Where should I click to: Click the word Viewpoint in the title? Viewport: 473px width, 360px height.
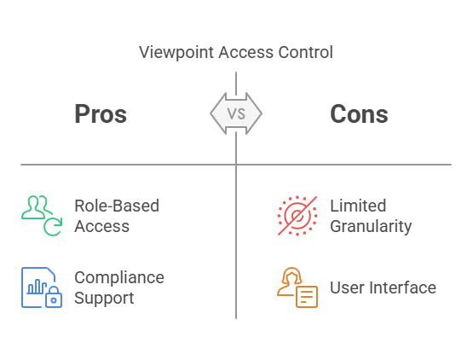coord(176,53)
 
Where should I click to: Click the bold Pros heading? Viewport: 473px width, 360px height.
coord(101,113)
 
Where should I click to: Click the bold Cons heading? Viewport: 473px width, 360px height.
coord(359,113)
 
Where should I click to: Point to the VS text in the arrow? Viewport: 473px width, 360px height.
coord(236,113)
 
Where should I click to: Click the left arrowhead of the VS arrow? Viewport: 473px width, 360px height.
coord(218,113)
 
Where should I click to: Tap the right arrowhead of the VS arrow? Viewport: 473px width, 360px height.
coord(254,113)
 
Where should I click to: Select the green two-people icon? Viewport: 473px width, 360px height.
coord(36,207)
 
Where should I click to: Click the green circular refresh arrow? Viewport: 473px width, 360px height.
coord(53,226)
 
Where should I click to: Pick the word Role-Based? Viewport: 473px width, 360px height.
coord(117,206)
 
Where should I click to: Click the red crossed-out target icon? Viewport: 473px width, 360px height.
coord(297,216)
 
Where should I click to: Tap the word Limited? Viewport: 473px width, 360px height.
coord(358,206)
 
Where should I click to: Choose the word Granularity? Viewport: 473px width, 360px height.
coord(371,227)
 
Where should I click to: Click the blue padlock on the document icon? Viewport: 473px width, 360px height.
coord(54,297)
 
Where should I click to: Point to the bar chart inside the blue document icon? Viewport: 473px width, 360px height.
coord(37,287)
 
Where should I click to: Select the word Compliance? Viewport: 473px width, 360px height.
coord(119,278)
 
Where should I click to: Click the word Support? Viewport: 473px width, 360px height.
coord(104,299)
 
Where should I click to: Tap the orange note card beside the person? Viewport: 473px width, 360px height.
coord(307,297)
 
